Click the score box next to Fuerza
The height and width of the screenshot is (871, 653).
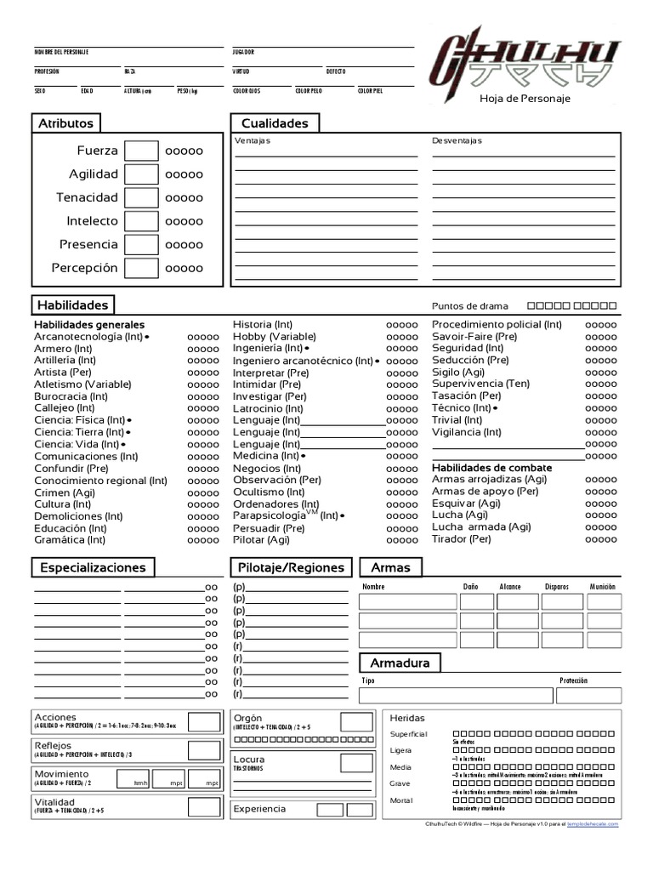[x=141, y=151]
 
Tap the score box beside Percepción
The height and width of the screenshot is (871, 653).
[x=141, y=268]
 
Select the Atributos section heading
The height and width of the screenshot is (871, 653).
[x=65, y=123]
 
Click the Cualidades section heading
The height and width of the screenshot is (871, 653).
[x=274, y=123]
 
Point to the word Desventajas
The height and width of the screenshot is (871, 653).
[x=457, y=141]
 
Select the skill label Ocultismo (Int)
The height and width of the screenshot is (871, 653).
[x=269, y=492]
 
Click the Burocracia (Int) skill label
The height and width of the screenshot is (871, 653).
[x=70, y=396]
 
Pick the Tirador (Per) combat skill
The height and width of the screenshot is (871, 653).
[x=462, y=539]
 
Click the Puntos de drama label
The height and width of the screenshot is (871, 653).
[x=469, y=306]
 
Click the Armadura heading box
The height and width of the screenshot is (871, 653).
[x=400, y=663]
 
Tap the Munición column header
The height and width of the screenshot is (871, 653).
[x=602, y=587]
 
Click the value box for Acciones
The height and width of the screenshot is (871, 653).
[x=204, y=722]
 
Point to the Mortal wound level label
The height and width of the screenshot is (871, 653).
[x=400, y=800]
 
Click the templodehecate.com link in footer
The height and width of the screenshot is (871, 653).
[x=593, y=824]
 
